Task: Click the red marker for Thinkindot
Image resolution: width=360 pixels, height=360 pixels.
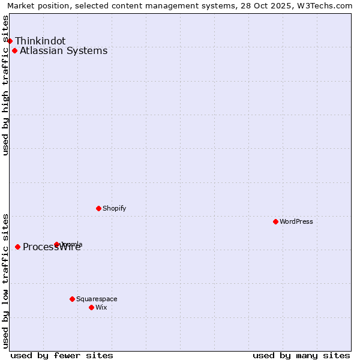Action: click(10, 41)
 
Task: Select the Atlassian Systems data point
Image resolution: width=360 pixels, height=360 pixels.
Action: click(14, 50)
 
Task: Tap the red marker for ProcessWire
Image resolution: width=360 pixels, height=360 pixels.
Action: click(18, 247)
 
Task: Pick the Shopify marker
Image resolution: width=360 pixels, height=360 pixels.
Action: click(98, 208)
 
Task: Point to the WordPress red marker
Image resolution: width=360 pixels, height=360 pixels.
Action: click(275, 221)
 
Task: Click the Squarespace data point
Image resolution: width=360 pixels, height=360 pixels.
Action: click(72, 299)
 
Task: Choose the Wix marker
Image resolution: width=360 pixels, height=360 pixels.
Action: click(91, 307)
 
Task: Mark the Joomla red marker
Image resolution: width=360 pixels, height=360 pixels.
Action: click(57, 244)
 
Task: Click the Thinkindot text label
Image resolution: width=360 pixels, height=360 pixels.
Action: click(40, 41)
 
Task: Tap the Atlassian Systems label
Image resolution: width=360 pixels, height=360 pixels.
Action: click(64, 50)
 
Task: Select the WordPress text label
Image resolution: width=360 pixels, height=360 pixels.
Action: click(296, 221)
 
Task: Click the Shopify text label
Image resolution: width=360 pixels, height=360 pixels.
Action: click(114, 208)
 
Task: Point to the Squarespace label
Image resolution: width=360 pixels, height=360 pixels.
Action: click(97, 299)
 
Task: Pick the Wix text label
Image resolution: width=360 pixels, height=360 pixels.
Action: click(101, 307)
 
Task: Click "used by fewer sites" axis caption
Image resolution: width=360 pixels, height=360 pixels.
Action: click(62, 355)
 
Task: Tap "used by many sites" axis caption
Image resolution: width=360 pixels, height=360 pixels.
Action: click(301, 355)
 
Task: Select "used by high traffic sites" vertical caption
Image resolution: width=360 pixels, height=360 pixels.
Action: click(5, 85)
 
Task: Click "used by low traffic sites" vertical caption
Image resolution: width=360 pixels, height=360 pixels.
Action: click(5, 281)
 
